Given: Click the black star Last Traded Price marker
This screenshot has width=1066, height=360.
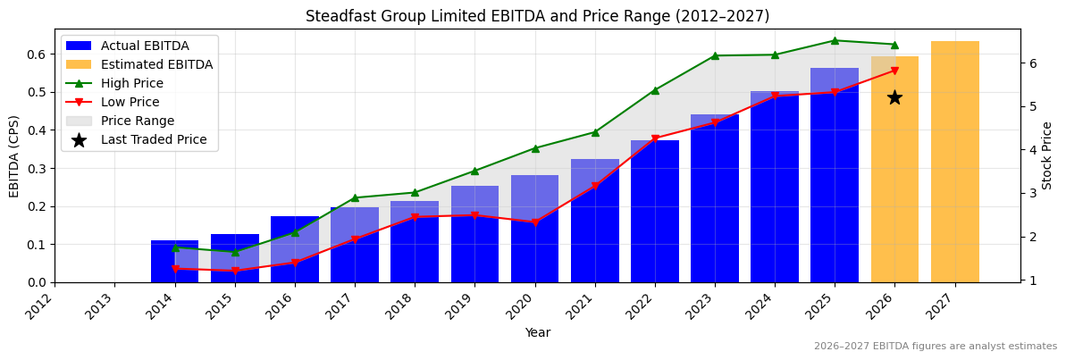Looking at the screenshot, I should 894,97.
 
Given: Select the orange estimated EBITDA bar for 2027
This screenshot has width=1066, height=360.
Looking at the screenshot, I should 954,162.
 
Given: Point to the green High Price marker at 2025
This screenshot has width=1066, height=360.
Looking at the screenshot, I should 835,40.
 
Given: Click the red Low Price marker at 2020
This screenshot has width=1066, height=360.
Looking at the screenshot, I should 535,222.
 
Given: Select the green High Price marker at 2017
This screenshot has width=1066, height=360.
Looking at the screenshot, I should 355,197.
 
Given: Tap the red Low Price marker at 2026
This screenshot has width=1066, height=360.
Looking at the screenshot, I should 894,71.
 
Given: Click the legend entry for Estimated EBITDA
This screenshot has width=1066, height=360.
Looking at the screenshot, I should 156,64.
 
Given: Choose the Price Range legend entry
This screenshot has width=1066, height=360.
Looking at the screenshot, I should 137,121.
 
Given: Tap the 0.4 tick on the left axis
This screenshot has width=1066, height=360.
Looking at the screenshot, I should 37,130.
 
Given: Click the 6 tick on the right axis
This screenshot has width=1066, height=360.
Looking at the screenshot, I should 1030,63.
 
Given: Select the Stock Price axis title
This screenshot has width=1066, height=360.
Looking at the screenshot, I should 1047,155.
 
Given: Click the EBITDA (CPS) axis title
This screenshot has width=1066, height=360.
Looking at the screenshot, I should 14,155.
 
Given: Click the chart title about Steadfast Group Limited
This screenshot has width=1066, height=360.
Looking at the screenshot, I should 537,16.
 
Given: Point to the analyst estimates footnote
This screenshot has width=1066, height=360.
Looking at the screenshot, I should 935,347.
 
